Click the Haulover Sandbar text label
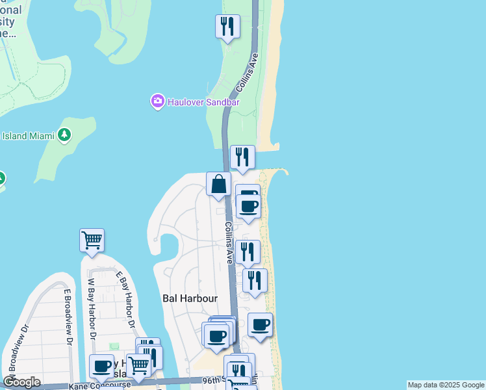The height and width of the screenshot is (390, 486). (195, 102)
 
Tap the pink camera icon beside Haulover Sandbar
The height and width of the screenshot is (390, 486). (157, 101)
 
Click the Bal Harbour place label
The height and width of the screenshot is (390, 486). (189, 298)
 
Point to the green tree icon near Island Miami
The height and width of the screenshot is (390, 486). (64, 135)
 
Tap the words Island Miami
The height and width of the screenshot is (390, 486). (28, 136)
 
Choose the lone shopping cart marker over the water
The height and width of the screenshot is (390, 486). (92, 240)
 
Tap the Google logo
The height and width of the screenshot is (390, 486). (21, 382)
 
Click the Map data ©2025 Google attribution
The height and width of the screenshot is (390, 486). (446, 385)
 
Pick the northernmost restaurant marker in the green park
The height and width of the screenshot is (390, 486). (227, 27)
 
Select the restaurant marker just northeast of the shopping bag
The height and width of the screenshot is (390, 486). (242, 157)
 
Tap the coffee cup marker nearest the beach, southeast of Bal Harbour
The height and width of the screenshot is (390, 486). (261, 325)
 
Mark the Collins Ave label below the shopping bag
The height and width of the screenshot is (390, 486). (229, 242)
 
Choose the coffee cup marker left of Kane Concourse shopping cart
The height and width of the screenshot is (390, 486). (101, 367)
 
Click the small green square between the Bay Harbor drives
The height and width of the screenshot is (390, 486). (115, 346)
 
